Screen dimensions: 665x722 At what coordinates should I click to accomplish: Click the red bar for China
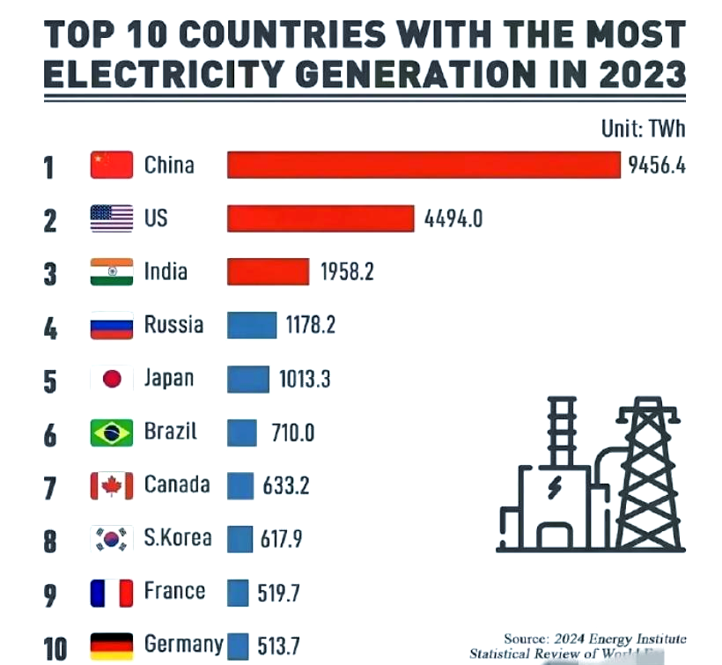(x=424, y=165)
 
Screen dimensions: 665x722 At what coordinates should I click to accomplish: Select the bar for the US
(x=320, y=218)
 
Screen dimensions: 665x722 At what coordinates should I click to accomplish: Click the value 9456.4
(x=656, y=166)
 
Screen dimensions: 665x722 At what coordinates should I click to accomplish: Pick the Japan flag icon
(x=112, y=379)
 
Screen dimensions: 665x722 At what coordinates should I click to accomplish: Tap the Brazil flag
(x=112, y=432)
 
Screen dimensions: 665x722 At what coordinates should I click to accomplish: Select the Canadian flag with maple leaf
(x=112, y=485)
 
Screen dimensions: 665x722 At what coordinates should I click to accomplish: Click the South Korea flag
(x=112, y=539)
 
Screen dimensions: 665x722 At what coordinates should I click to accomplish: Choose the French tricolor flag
(x=112, y=592)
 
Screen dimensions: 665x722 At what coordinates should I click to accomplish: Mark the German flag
(x=112, y=646)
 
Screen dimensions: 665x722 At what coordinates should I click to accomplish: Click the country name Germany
(x=183, y=645)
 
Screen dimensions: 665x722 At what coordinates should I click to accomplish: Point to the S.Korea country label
(x=178, y=538)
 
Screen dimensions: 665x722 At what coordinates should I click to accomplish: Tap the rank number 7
(x=50, y=486)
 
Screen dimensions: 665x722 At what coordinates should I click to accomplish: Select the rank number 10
(x=55, y=649)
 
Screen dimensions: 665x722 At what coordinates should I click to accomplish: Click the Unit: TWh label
(x=643, y=129)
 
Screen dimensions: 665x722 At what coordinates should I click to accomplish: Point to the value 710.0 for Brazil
(x=288, y=432)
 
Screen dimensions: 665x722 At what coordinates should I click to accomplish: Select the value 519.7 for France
(x=278, y=593)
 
